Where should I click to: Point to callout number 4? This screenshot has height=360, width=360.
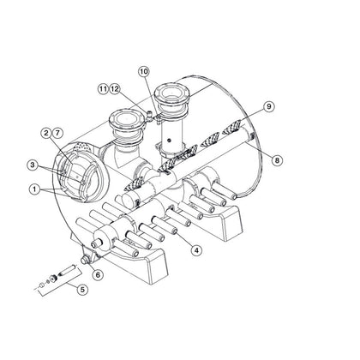point(196,250)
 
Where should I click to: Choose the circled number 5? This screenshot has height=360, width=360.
point(81,290)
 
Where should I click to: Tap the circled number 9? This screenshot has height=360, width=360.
point(269,106)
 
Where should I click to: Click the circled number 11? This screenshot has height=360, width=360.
point(103,87)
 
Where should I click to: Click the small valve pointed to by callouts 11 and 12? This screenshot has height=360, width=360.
point(148,111)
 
